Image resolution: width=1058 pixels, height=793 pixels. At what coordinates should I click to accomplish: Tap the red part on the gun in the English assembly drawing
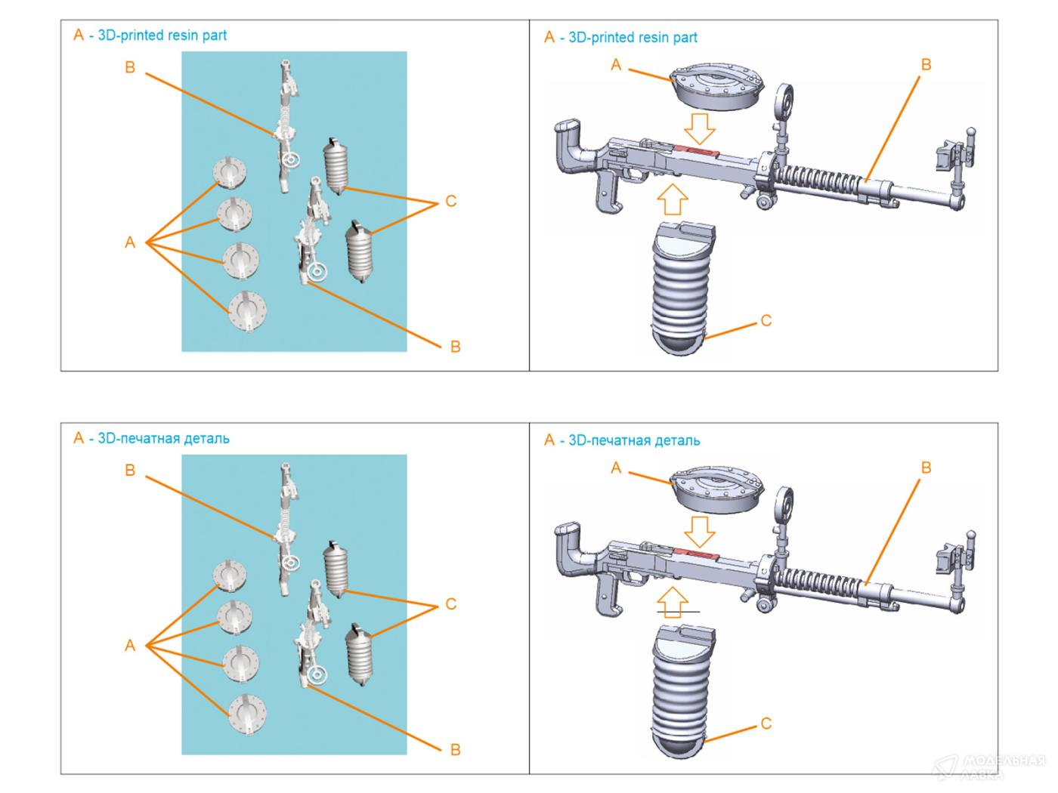point(699,151)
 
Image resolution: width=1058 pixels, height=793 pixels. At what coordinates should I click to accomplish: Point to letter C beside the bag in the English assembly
point(766,321)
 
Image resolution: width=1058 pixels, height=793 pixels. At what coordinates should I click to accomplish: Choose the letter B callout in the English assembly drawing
point(926,65)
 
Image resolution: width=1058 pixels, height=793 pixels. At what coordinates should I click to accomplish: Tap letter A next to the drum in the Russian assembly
point(616,468)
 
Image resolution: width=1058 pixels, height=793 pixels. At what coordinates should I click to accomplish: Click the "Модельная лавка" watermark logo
point(990,766)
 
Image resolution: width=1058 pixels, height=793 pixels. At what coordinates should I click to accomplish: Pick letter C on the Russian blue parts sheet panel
point(451,604)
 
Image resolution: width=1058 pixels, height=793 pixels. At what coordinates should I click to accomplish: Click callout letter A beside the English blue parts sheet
point(130,243)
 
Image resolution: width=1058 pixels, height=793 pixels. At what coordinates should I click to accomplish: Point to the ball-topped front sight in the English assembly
point(971,133)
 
